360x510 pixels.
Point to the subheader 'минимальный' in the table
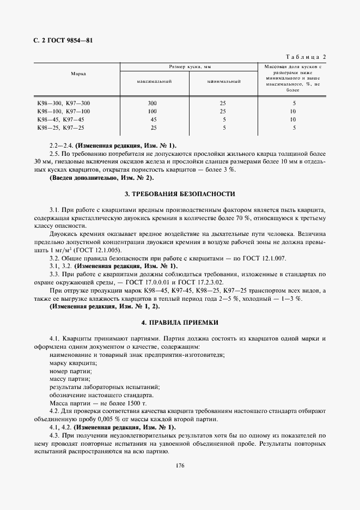pos(224,81)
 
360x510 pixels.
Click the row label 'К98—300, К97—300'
pos(63,103)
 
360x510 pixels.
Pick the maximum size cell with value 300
pos(152,103)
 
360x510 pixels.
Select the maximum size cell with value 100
pos(152,111)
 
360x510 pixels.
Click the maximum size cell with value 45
pos(153,119)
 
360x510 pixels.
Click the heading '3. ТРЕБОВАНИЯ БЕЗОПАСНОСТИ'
pos(180,193)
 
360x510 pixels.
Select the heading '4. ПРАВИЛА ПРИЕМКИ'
pos(180,323)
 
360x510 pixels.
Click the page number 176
pos(180,465)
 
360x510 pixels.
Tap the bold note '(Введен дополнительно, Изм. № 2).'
pos(102,178)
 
